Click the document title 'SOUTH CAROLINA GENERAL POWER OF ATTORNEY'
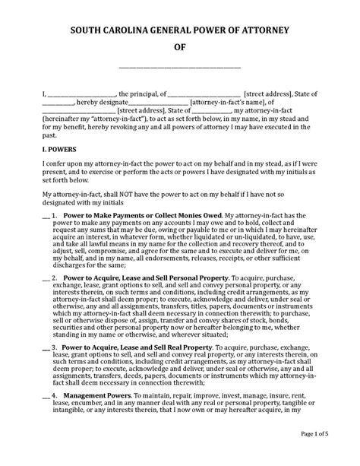[180, 30]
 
